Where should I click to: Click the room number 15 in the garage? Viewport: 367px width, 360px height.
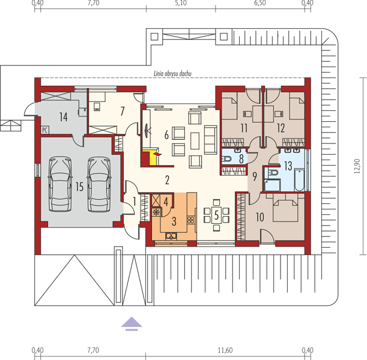[79, 187]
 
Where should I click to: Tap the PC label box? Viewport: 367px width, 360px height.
[44, 130]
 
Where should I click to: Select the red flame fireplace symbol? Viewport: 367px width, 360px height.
[157, 154]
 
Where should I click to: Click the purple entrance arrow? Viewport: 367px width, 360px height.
[132, 323]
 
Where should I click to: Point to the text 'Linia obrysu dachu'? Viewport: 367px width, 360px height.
[172, 74]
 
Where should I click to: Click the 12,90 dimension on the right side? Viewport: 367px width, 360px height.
[357, 166]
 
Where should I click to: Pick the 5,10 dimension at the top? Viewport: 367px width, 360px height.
[181, 3]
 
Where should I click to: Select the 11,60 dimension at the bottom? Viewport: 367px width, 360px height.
[225, 350]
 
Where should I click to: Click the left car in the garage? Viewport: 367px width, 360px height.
[60, 184]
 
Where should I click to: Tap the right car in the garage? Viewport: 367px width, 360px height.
[99, 184]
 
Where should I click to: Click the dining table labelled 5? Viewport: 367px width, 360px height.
[216, 215]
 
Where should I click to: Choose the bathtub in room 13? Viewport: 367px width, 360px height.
[299, 180]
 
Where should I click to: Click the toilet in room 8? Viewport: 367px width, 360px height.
[226, 159]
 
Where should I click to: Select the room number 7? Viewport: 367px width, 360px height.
[122, 111]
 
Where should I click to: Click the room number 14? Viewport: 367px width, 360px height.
[64, 117]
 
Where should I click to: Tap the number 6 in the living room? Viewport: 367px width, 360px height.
[166, 135]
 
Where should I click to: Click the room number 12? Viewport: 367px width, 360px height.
[281, 128]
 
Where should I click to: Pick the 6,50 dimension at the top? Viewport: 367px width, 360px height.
[260, 3]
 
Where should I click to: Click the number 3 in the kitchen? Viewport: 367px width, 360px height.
[174, 221]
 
